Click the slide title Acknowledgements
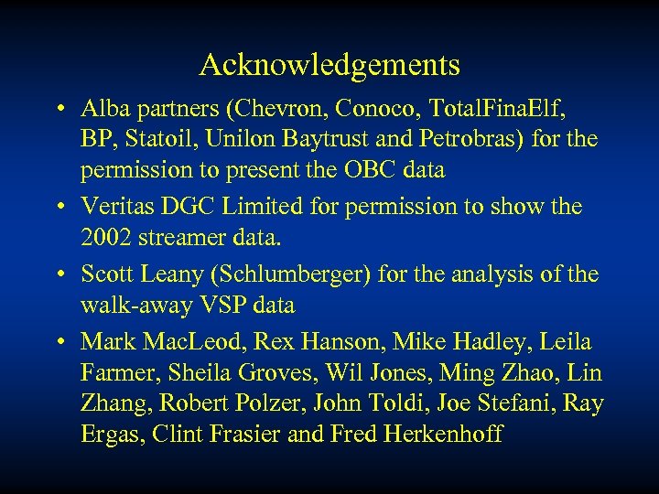click(329, 65)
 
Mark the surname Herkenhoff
click(445, 432)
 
